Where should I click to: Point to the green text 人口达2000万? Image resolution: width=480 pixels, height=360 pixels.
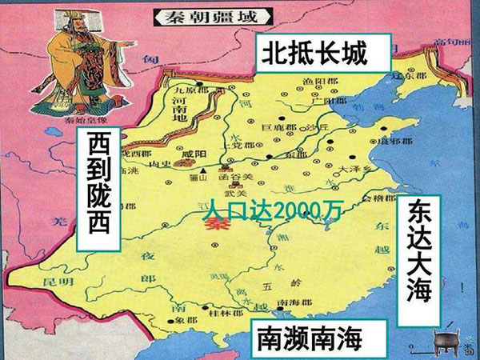272,210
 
